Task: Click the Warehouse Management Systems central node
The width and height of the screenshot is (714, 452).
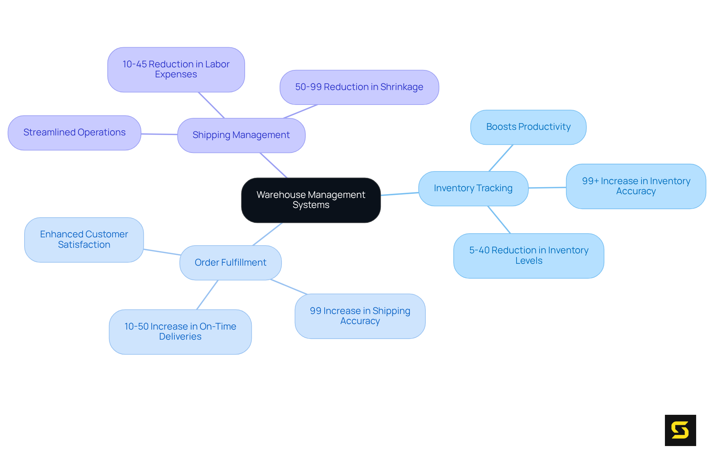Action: [x=311, y=200]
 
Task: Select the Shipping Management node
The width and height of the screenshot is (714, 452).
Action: [x=241, y=135]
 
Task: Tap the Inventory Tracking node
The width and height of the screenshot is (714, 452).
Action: [x=473, y=188]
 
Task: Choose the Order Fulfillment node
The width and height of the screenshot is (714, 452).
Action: [x=230, y=263]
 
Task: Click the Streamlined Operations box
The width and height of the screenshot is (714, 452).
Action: [x=74, y=132]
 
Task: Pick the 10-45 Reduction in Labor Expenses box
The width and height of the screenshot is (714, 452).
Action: [x=176, y=70]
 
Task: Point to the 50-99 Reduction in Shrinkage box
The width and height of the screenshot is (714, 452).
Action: [x=359, y=87]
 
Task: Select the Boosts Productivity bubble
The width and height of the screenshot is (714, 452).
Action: [x=528, y=127]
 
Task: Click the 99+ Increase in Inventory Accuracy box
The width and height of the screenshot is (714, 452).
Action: [x=636, y=186]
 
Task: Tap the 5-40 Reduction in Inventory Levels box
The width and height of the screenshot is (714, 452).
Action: [x=528, y=256]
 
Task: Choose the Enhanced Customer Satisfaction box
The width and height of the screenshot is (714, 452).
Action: [x=84, y=240]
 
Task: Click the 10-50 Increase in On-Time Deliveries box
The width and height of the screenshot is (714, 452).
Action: [x=180, y=331]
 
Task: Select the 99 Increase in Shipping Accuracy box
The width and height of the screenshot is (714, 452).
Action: [x=360, y=316]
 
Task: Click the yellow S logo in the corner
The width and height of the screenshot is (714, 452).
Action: [x=680, y=430]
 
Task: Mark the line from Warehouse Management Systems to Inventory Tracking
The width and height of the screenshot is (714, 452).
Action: [x=399, y=194]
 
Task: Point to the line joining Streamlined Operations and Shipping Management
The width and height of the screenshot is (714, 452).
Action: [x=159, y=134]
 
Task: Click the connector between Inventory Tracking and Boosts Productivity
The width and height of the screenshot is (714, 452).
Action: [x=501, y=158]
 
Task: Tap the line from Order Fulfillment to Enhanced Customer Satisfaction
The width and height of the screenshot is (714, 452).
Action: [x=162, y=252]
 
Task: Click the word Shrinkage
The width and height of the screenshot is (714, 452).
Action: [x=402, y=87]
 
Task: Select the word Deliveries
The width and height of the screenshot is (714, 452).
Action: [x=180, y=337]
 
